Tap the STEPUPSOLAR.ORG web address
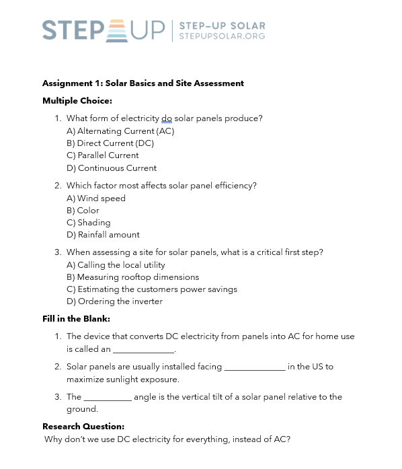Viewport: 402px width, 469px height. coord(222,36)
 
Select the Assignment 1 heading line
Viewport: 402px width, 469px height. coord(143,83)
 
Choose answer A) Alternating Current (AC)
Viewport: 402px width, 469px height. coord(120,131)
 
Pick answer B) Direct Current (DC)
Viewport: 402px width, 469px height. coord(110,143)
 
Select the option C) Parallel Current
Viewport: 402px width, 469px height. coord(103,155)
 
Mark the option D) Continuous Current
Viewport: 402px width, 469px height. coord(112,168)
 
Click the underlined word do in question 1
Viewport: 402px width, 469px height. coord(167,118)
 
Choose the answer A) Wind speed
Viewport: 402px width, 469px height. coord(96,199)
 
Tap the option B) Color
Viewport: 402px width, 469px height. coord(83,211)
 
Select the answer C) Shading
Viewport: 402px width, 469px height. coord(89,223)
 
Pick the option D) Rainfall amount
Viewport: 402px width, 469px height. coord(104,235)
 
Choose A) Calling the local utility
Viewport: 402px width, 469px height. coord(116,265)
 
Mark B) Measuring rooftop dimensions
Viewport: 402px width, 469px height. coord(133,277)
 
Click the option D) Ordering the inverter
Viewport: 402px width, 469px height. coord(115,301)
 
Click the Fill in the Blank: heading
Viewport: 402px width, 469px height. coord(76,319)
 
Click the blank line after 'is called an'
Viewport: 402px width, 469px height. coord(143,351)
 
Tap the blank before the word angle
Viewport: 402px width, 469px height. coord(108,398)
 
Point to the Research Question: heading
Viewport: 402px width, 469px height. coord(83,427)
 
